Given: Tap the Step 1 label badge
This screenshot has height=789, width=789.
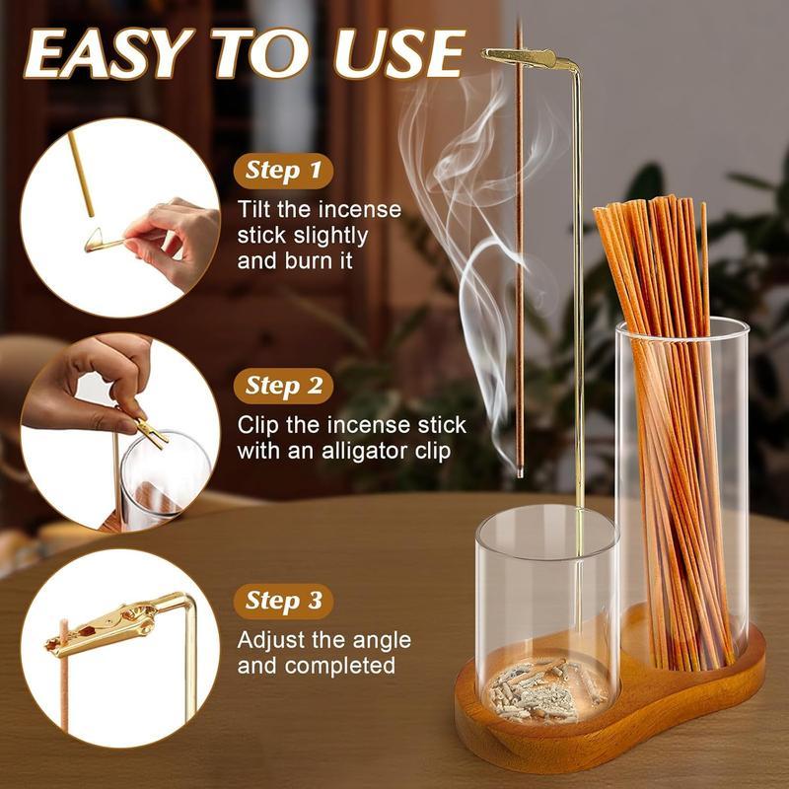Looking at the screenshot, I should [284, 172].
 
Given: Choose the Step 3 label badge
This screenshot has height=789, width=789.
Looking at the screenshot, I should [284, 600].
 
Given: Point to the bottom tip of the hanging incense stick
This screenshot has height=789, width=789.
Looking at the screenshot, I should [519, 475].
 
